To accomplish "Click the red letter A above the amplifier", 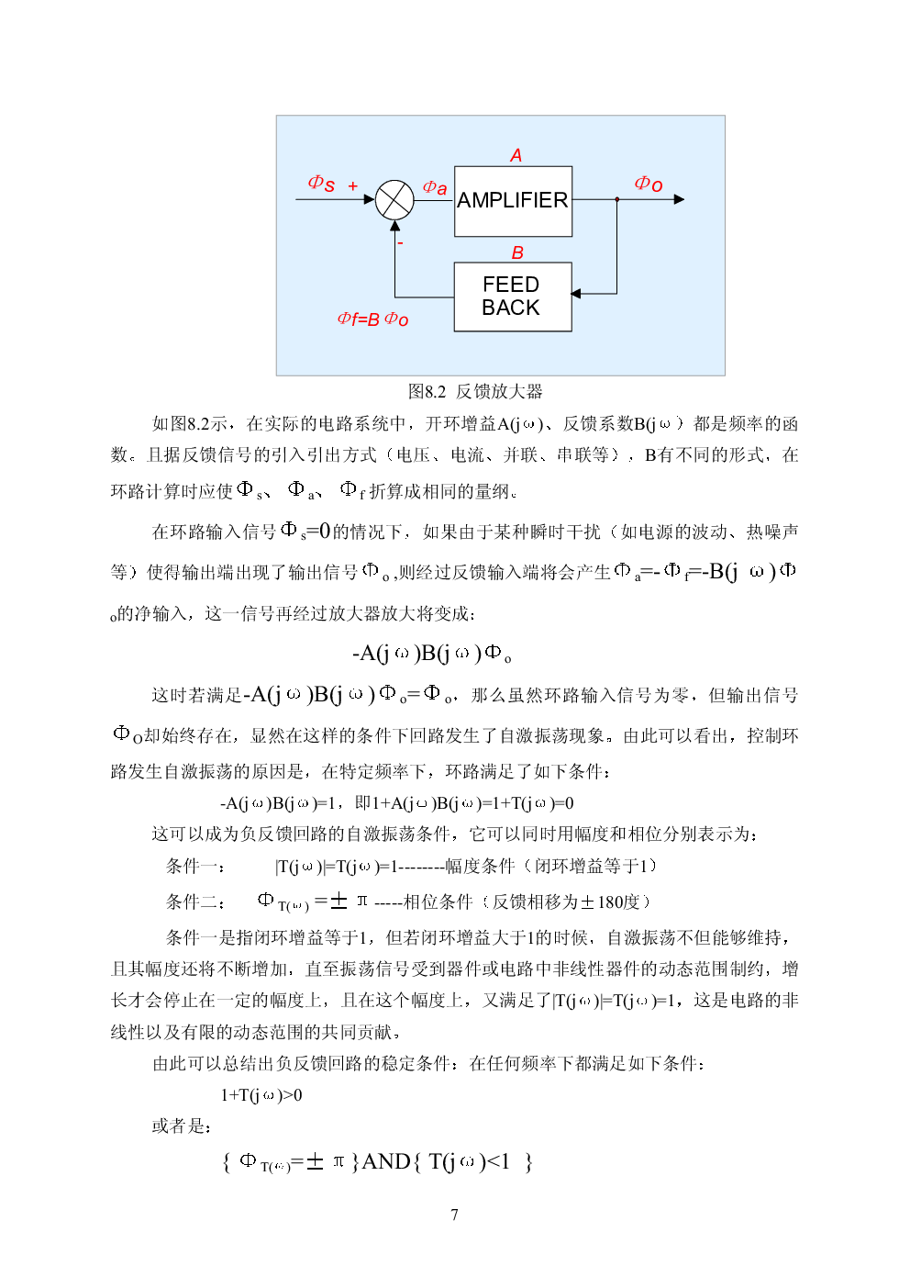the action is tap(516, 155).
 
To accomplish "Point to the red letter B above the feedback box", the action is tap(517, 252).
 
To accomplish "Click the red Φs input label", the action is tap(321, 184).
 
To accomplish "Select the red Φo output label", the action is tap(648, 184).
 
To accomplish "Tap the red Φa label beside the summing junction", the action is tap(434, 187).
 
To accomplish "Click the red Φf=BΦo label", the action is tap(372, 319).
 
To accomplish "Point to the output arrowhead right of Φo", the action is tap(679, 199).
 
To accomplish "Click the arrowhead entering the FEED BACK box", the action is tap(576, 294).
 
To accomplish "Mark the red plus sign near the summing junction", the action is tap(353, 185).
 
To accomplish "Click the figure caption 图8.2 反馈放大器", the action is tap(475, 392).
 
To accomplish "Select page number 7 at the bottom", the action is tap(454, 1215).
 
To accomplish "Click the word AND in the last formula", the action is tap(385, 1161).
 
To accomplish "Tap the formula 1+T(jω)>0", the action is tap(261, 1095).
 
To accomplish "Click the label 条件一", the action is tap(194, 866).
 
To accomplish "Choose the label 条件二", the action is tap(194, 902).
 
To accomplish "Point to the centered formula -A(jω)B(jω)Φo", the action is tap(431, 654).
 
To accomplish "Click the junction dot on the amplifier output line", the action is tap(617, 199).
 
